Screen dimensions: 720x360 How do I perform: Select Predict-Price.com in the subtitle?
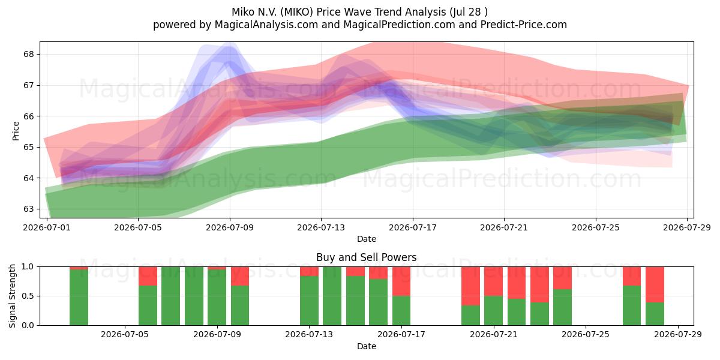524,25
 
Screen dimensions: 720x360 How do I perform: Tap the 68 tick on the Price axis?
28,54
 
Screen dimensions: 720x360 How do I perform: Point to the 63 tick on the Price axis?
28,209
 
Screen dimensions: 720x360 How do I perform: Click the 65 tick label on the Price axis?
28,147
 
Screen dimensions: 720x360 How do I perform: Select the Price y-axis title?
16,131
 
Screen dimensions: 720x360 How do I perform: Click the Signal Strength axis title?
12,296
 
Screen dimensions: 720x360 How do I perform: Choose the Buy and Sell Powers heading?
367,257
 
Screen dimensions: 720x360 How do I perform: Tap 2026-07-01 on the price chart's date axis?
47,227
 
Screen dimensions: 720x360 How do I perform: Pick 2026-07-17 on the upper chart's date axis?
413,227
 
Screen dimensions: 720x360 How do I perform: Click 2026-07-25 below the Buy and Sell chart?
586,334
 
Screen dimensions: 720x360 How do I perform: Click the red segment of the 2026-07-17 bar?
401,281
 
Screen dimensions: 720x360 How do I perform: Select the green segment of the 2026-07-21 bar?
493,311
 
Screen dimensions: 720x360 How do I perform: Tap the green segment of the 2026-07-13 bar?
309,301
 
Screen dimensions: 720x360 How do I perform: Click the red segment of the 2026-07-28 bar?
655,284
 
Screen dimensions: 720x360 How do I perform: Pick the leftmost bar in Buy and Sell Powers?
79,296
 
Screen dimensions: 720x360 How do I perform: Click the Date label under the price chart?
367,239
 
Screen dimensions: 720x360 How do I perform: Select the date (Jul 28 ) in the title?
469,12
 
